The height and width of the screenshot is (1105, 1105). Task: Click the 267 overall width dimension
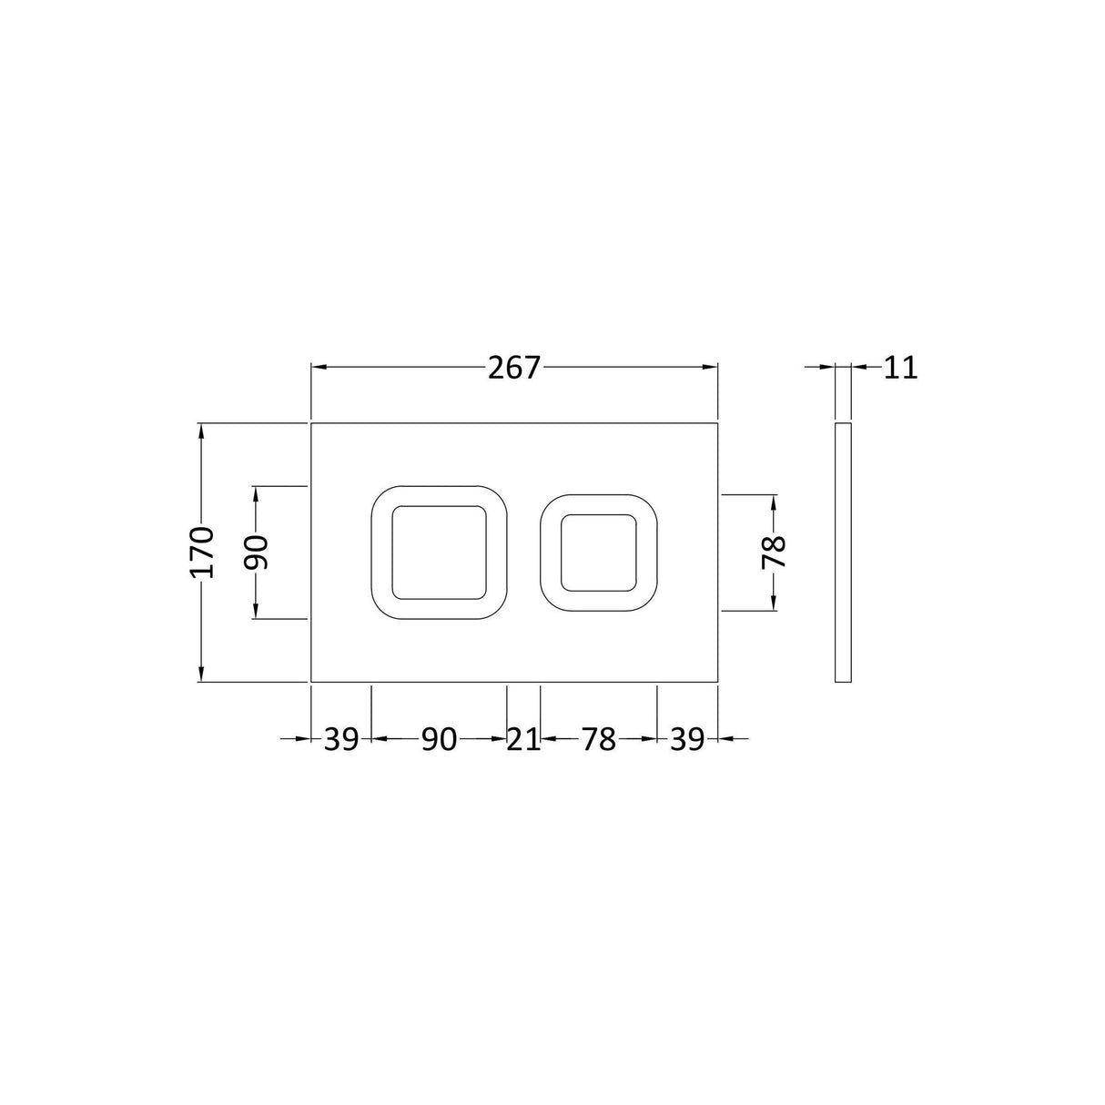[x=513, y=368]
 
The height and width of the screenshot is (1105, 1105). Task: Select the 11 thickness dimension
[x=901, y=368]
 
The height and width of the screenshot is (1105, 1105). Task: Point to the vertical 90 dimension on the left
[x=257, y=552]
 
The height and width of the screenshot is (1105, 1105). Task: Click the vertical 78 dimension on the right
[x=774, y=552]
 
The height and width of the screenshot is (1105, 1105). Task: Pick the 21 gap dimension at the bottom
[x=523, y=740]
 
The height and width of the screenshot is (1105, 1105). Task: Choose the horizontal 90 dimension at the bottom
[x=440, y=740]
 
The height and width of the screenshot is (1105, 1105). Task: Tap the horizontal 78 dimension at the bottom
[x=599, y=740]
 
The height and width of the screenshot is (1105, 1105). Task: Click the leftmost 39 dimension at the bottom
[x=341, y=740]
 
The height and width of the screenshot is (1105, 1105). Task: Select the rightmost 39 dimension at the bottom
[x=687, y=740]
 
